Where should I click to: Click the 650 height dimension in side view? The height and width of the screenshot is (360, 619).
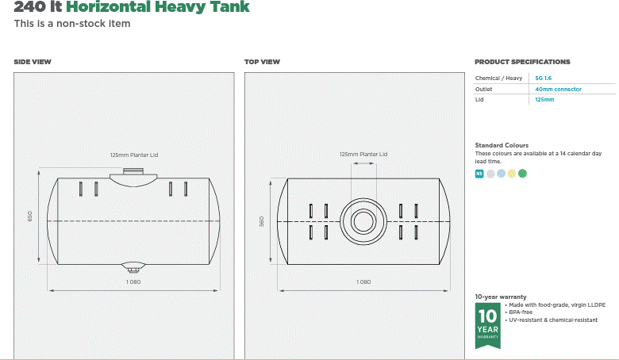pos(30,216)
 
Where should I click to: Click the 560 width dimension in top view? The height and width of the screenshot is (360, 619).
pos(261,221)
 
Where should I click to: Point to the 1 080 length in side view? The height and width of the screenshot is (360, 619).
pos(133,282)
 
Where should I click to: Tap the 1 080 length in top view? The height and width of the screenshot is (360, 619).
pos(363,282)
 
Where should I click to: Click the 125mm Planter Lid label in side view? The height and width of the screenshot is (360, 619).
pos(133,155)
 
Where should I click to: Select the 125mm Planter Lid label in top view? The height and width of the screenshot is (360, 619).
pos(363,155)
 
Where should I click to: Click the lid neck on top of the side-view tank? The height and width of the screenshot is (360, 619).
pos(133,172)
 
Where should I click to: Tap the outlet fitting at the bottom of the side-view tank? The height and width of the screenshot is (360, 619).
pos(133,267)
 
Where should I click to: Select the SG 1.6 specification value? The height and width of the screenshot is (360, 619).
pos(544,79)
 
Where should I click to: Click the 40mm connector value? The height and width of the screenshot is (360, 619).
pos(558,90)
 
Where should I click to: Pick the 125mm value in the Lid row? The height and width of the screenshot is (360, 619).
pos(544,100)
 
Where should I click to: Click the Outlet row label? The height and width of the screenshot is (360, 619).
pos(483,90)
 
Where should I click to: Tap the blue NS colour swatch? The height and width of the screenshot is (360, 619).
pos(479,174)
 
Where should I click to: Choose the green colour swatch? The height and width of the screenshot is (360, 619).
pos(522,174)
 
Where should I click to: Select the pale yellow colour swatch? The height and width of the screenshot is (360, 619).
pos(512,174)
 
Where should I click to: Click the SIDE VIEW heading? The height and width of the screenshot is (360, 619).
pos(33,62)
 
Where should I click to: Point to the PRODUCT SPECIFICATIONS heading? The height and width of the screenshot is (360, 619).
pos(522,62)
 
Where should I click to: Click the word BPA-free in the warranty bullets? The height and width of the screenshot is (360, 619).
pos(521,312)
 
